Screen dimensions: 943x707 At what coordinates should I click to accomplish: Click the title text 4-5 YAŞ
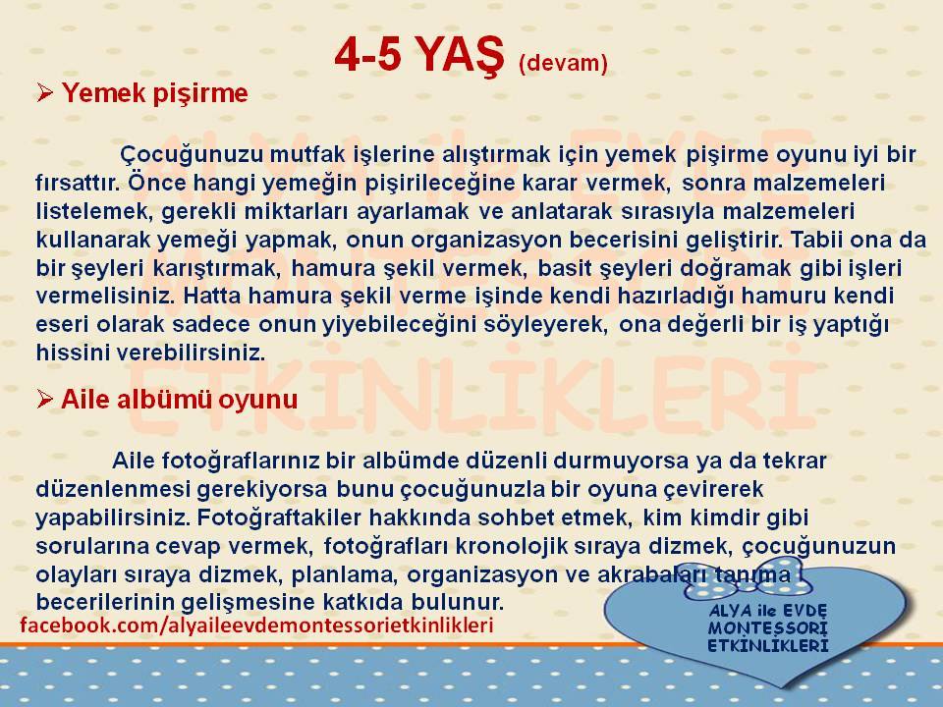[x=419, y=55]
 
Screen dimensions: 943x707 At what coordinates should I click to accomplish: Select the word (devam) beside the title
[x=563, y=63]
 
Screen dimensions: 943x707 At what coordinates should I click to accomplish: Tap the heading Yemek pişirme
[x=154, y=94]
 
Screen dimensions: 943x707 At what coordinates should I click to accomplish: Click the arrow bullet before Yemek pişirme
[x=45, y=93]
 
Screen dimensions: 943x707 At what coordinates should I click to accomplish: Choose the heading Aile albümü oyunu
[x=179, y=400]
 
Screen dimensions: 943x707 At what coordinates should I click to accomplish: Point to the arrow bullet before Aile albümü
[x=45, y=399]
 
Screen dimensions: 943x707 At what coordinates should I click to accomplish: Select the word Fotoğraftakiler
[x=279, y=517]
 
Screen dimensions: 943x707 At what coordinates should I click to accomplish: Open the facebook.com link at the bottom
[x=256, y=625]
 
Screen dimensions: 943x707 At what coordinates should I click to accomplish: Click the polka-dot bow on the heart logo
[x=746, y=578]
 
